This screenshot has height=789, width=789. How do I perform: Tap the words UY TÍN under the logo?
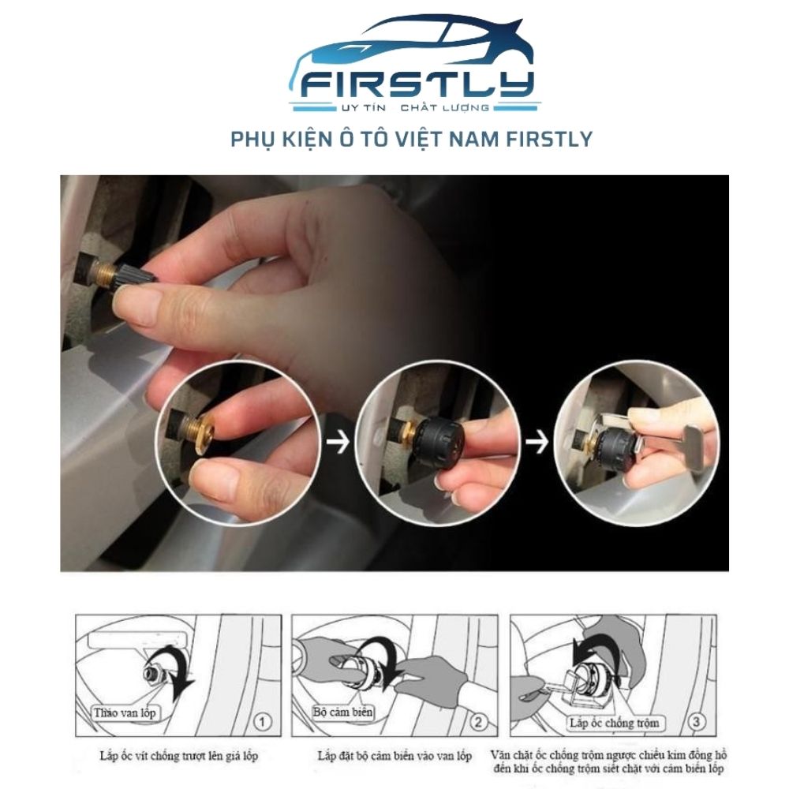363,107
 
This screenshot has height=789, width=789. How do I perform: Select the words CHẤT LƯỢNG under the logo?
444,107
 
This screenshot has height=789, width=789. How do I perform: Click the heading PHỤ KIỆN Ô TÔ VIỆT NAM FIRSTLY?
411,140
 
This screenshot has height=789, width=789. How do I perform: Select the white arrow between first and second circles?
338,443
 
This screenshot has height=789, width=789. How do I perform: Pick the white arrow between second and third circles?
537,443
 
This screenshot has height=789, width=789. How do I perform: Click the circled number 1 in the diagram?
262,723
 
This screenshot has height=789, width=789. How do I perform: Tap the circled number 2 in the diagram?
478,723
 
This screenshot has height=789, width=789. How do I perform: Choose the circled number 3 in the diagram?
697,722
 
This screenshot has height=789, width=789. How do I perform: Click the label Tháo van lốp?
125,712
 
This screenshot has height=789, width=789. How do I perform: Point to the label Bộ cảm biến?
342,712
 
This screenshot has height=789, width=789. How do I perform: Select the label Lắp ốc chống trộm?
614,723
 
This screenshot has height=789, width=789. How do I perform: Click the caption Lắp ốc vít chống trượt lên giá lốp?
178,756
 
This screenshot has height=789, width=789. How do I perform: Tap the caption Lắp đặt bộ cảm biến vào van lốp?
394,756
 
